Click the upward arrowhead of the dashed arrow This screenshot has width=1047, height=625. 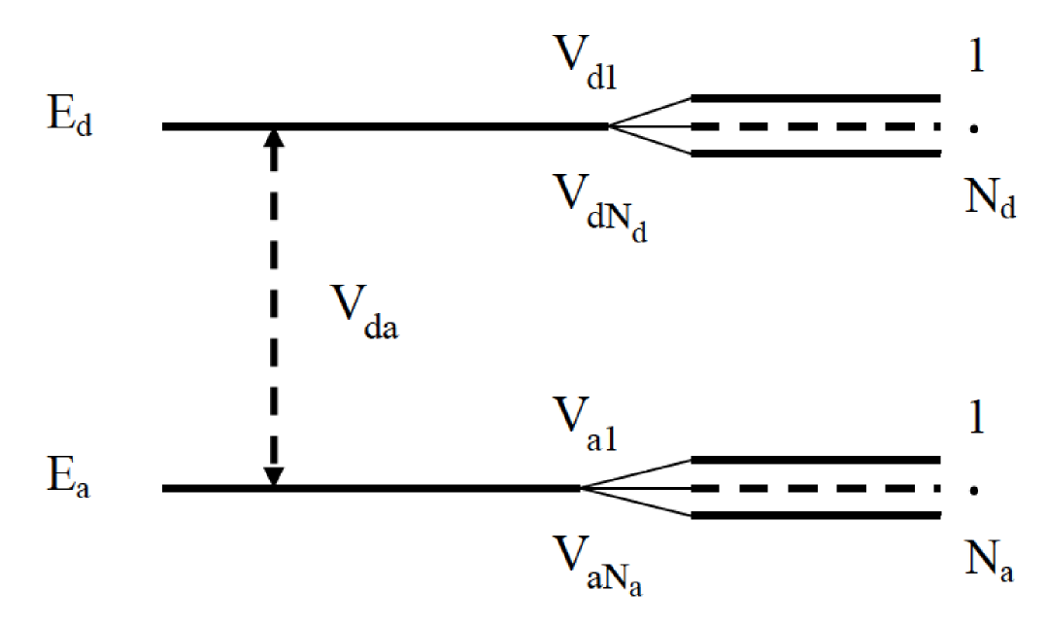click(275, 139)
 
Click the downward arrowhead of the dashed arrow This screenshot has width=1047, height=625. click(275, 473)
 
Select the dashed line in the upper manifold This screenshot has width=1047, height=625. click(816, 126)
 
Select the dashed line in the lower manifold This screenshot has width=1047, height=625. click(816, 488)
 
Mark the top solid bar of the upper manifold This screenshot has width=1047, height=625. click(816, 98)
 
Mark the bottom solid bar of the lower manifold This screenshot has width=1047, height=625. click(816, 515)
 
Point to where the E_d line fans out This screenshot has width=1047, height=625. click(609, 126)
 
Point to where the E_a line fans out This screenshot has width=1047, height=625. click(581, 488)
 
